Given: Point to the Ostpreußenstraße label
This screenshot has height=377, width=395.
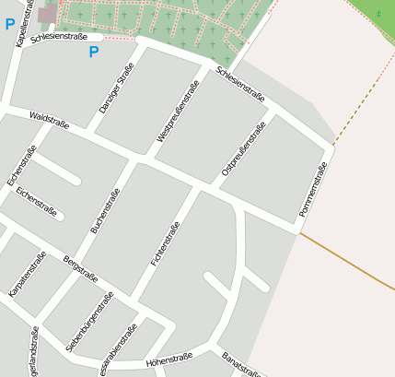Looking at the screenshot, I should click(243, 148).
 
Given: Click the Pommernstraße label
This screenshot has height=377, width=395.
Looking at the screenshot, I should click(313, 190).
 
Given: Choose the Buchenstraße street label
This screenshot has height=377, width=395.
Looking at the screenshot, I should click(105, 210).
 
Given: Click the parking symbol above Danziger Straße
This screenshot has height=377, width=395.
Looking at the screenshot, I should click(93, 53).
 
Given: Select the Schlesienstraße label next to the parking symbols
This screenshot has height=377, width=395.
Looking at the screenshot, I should click(59, 38).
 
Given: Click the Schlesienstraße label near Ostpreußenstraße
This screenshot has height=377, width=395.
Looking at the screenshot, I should click(240, 85).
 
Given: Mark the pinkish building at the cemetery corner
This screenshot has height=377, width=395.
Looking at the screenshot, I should click(47, 13).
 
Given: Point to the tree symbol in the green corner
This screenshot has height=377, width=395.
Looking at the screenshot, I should click(378, 13).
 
